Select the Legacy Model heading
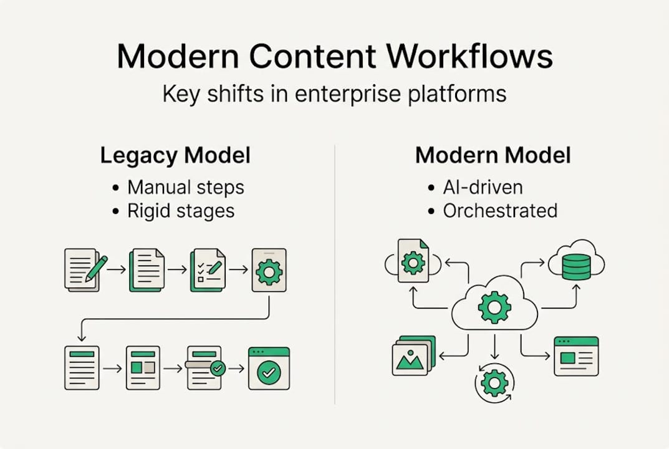tap(175, 155)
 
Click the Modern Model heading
tap(493, 155)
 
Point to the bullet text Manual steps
tap(186, 187)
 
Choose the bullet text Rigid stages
tap(181, 211)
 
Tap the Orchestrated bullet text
tap(500, 211)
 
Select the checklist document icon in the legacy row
tap(208, 270)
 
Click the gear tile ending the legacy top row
tap(269, 270)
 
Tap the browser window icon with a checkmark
tap(269, 369)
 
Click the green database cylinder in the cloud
tap(576, 265)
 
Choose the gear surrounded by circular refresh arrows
tap(494, 383)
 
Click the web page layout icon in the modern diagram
tap(576, 356)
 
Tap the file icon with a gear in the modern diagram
tap(413, 261)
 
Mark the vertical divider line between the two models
tap(335, 274)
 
